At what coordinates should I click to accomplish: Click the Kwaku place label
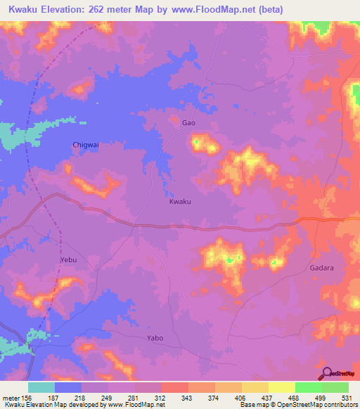pyautogui.click(x=180, y=202)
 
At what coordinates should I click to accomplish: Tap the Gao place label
pyautogui.click(x=188, y=123)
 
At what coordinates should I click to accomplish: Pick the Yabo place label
pyautogui.click(x=155, y=338)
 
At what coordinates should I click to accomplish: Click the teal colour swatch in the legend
pyautogui.click(x=41, y=387)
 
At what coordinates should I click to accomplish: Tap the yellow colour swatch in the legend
pyautogui.click(x=281, y=387)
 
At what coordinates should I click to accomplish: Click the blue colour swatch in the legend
pyautogui.click(x=68, y=387)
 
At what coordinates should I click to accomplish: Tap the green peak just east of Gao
pyautogui.click(x=197, y=144)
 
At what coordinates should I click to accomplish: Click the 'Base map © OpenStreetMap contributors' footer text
pyautogui.click(x=297, y=405)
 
